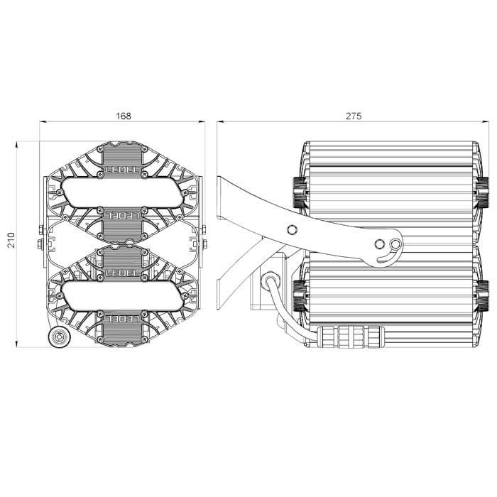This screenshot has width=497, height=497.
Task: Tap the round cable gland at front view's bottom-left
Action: pos(58,337)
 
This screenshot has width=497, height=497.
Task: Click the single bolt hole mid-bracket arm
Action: pos(290,229)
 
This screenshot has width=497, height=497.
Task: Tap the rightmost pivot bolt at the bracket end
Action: pos(395,244)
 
